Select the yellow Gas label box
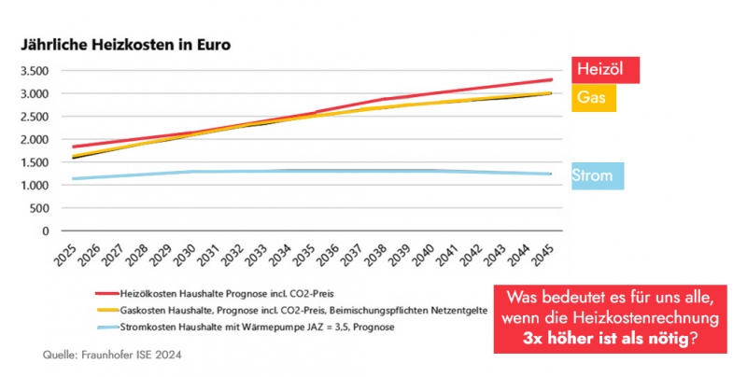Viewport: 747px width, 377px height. pos(593,97)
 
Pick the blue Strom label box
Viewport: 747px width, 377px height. pos(598,175)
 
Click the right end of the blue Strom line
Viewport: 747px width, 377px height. pos(550,174)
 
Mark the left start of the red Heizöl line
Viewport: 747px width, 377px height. pos(73,147)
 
